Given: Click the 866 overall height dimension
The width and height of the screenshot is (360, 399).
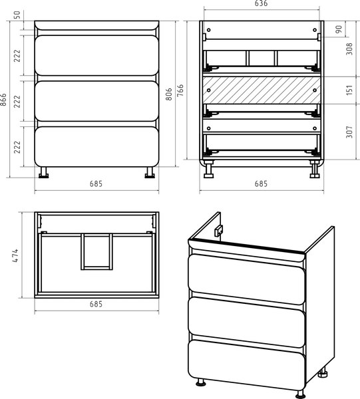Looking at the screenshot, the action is click(x=3, y=99).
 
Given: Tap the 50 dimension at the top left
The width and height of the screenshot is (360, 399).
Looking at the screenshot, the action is click(x=17, y=15).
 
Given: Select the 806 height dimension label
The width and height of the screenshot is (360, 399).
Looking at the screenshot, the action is click(x=169, y=94).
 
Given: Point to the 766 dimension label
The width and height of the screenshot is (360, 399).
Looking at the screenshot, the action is click(x=180, y=90).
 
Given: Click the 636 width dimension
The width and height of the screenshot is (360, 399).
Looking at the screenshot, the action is click(x=262, y=3).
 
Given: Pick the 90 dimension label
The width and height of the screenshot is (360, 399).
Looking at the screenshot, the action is click(x=339, y=29).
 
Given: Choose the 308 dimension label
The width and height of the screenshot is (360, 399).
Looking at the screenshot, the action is click(x=349, y=49).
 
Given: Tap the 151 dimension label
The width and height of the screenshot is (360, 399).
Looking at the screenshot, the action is click(x=349, y=90).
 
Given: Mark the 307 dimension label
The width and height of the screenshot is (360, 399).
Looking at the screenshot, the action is click(x=349, y=132).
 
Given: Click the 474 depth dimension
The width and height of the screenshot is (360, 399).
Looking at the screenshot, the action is click(x=15, y=255).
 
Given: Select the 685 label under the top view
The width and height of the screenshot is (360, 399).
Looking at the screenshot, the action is click(x=96, y=304).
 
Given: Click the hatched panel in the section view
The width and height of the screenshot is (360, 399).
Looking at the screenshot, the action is click(x=262, y=90).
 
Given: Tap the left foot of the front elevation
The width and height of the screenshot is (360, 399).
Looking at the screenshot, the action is click(x=43, y=172).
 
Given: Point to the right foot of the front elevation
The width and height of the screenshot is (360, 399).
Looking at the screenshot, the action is click(x=150, y=172).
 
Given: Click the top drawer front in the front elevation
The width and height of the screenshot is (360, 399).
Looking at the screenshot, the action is click(x=96, y=55).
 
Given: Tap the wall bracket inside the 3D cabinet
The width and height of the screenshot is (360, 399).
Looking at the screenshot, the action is click(x=218, y=231).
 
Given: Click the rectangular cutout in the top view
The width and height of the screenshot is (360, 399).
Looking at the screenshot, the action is click(x=96, y=252).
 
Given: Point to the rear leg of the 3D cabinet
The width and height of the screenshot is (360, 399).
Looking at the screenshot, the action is click(x=323, y=372).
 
